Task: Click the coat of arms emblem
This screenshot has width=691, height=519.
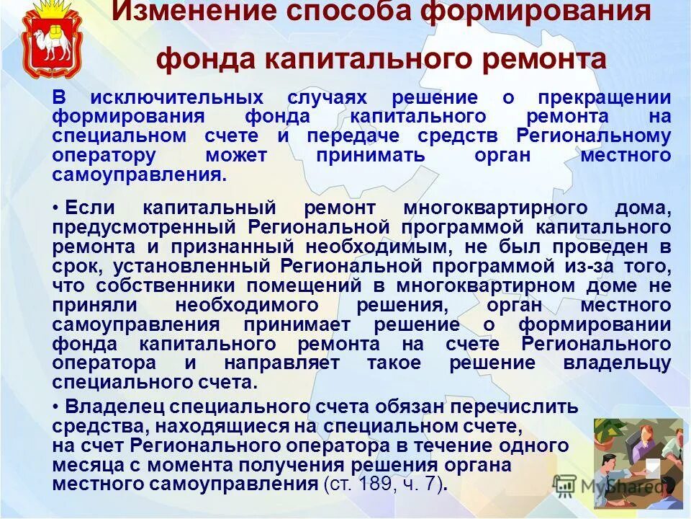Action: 47,39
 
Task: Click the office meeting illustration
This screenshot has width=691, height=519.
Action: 638,461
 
